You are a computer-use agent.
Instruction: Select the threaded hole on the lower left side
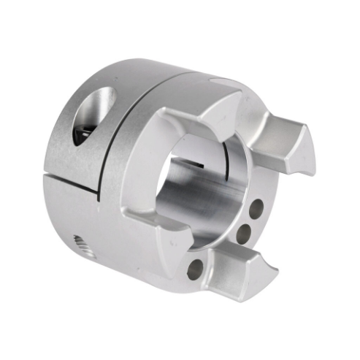85,246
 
